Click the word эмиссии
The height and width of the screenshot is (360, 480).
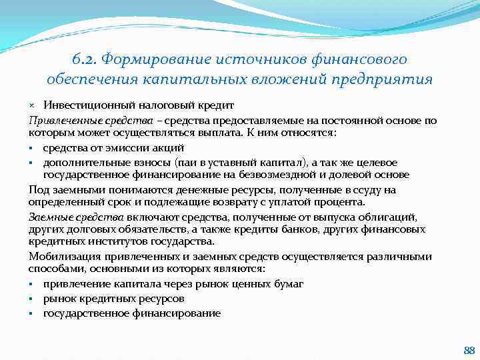point(119,148)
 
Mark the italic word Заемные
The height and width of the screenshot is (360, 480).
point(50,217)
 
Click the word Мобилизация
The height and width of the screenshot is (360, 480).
point(62,257)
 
